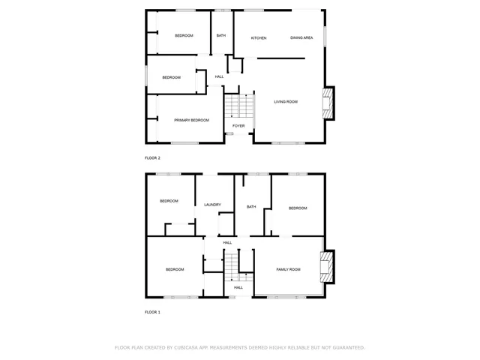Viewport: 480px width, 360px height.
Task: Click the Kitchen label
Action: pyautogui.click(x=259, y=37)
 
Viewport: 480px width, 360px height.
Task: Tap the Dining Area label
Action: pyautogui.click(x=301, y=37)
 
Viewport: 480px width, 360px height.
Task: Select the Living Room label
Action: pyautogui.click(x=285, y=101)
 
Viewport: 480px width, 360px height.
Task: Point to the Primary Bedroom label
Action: pyautogui.click(x=191, y=120)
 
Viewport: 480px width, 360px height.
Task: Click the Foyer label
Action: pyautogui.click(x=238, y=126)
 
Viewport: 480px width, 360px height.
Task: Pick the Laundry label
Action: pyautogui.click(x=212, y=205)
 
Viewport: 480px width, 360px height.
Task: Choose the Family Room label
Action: pyautogui.click(x=288, y=269)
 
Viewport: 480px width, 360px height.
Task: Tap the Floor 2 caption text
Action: pyautogui.click(x=152, y=158)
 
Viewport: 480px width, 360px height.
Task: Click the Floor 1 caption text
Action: pyautogui.click(x=152, y=311)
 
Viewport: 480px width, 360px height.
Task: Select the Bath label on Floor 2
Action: pyautogui.click(x=221, y=35)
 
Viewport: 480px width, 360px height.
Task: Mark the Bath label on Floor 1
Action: pyautogui.click(x=251, y=207)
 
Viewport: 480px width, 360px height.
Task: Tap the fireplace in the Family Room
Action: pyautogui.click(x=327, y=268)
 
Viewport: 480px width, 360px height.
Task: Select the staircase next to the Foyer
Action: pyautogui.click(x=235, y=106)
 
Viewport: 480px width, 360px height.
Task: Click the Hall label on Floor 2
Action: pyautogui.click(x=219, y=76)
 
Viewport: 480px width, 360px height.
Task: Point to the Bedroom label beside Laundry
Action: pyautogui.click(x=169, y=201)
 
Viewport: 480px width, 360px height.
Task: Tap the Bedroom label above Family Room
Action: pyautogui.click(x=298, y=208)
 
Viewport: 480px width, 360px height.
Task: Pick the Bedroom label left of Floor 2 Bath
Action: pyautogui.click(x=184, y=35)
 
